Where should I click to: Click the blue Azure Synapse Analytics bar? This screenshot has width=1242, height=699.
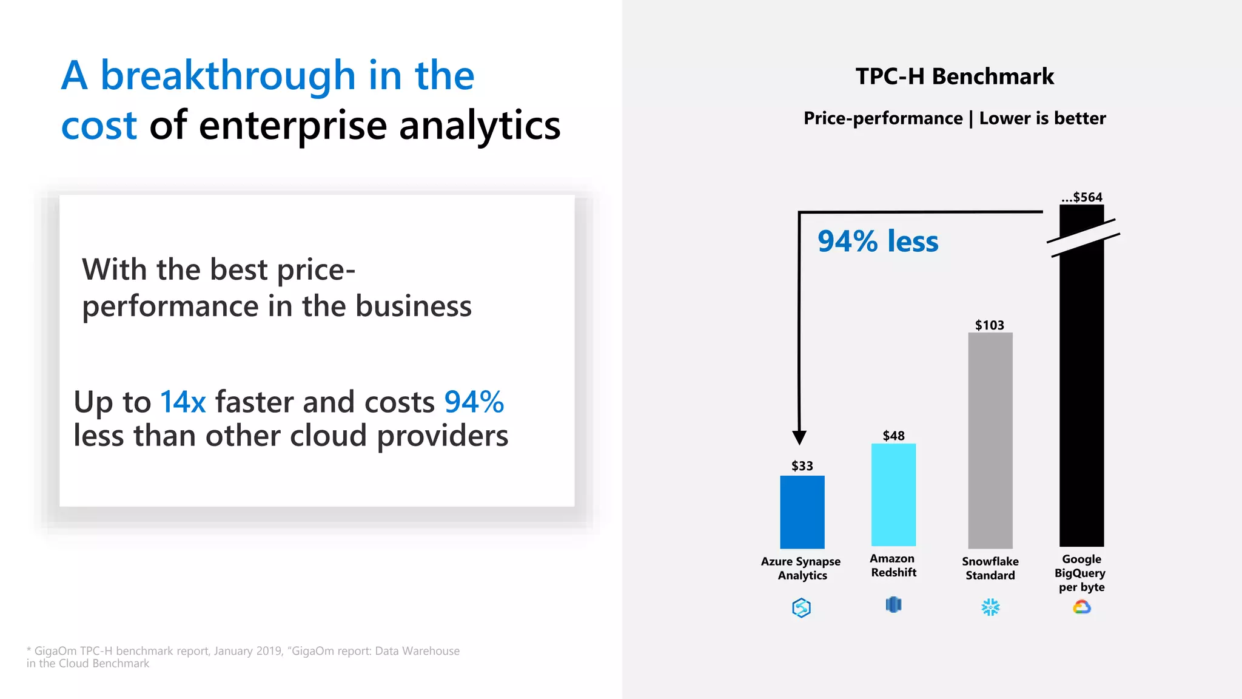point(802,512)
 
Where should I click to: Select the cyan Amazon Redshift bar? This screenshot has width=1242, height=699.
point(893,495)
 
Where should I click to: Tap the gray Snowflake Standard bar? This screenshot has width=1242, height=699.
point(990,440)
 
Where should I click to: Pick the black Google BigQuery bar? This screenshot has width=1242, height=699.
point(1081,394)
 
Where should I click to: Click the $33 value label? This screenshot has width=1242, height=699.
point(802,466)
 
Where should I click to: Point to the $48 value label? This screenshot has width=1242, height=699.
point(893,436)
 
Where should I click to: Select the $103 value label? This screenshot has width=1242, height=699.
point(989,325)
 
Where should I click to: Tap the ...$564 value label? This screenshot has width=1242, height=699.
point(1082,197)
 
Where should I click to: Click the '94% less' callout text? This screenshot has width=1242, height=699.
point(878,241)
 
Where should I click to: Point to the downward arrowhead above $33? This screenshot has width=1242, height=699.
point(799,437)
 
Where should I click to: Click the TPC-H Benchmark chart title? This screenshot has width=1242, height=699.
point(955,76)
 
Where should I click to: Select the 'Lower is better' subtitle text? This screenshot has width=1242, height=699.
point(1042,118)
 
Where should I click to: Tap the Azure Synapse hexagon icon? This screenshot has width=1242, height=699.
point(801,607)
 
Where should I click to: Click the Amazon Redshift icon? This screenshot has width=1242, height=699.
point(893,605)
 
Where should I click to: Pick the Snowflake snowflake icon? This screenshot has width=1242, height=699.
point(990,607)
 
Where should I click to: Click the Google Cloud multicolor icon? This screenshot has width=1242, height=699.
point(1082,607)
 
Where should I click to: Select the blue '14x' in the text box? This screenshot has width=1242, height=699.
point(183,402)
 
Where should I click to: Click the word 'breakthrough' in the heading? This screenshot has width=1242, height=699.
point(227,76)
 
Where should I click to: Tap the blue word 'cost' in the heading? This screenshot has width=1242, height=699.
point(99,126)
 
